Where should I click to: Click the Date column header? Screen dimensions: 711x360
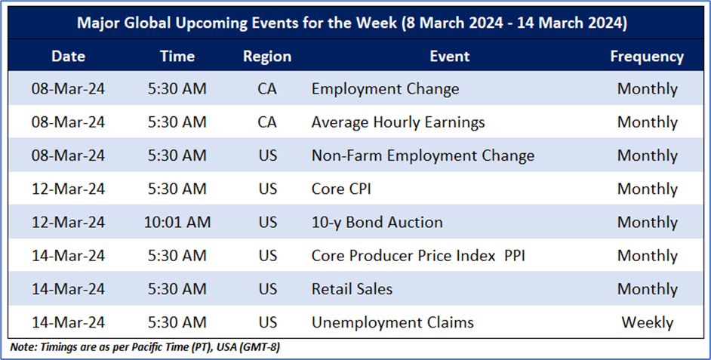click(x=68, y=56)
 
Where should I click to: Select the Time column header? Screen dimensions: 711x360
click(x=177, y=56)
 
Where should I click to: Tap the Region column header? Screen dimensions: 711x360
click(x=267, y=57)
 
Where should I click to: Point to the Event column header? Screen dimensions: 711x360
click(x=449, y=56)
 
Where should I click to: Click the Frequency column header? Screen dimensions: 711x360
click(x=647, y=57)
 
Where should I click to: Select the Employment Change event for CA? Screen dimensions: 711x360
click(x=385, y=89)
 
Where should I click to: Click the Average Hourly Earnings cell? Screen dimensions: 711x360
click(x=398, y=122)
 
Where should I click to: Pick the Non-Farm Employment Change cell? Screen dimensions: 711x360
click(x=423, y=156)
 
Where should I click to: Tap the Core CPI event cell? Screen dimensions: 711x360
click(x=341, y=189)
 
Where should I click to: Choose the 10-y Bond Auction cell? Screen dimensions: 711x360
click(x=377, y=223)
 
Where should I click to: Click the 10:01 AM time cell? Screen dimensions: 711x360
click(x=177, y=222)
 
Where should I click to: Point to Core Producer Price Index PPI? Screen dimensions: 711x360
click(x=418, y=256)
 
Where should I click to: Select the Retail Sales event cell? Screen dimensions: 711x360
click(x=352, y=289)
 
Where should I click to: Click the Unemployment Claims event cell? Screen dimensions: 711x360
click(x=392, y=323)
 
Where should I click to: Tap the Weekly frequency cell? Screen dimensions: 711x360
click(x=647, y=323)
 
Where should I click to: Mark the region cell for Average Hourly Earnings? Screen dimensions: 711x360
click(x=267, y=122)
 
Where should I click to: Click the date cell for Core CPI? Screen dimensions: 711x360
click(x=68, y=189)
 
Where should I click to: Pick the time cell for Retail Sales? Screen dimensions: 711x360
click(x=177, y=289)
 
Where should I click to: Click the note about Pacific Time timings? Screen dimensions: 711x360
click(x=145, y=347)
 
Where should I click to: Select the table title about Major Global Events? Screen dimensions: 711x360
click(x=352, y=23)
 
